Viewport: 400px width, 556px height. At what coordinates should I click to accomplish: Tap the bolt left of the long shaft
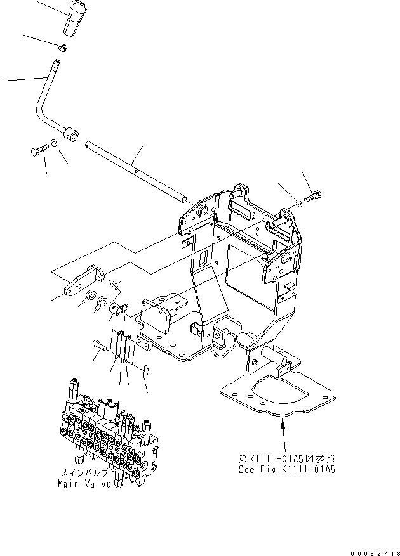click(39, 150)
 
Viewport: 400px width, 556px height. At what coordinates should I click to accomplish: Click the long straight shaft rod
click(137, 171)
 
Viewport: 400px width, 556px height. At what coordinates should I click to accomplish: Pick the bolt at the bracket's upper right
click(313, 198)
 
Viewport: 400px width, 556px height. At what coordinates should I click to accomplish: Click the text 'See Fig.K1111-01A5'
click(285, 470)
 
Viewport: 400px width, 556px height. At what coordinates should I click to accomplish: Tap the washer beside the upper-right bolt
click(298, 202)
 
